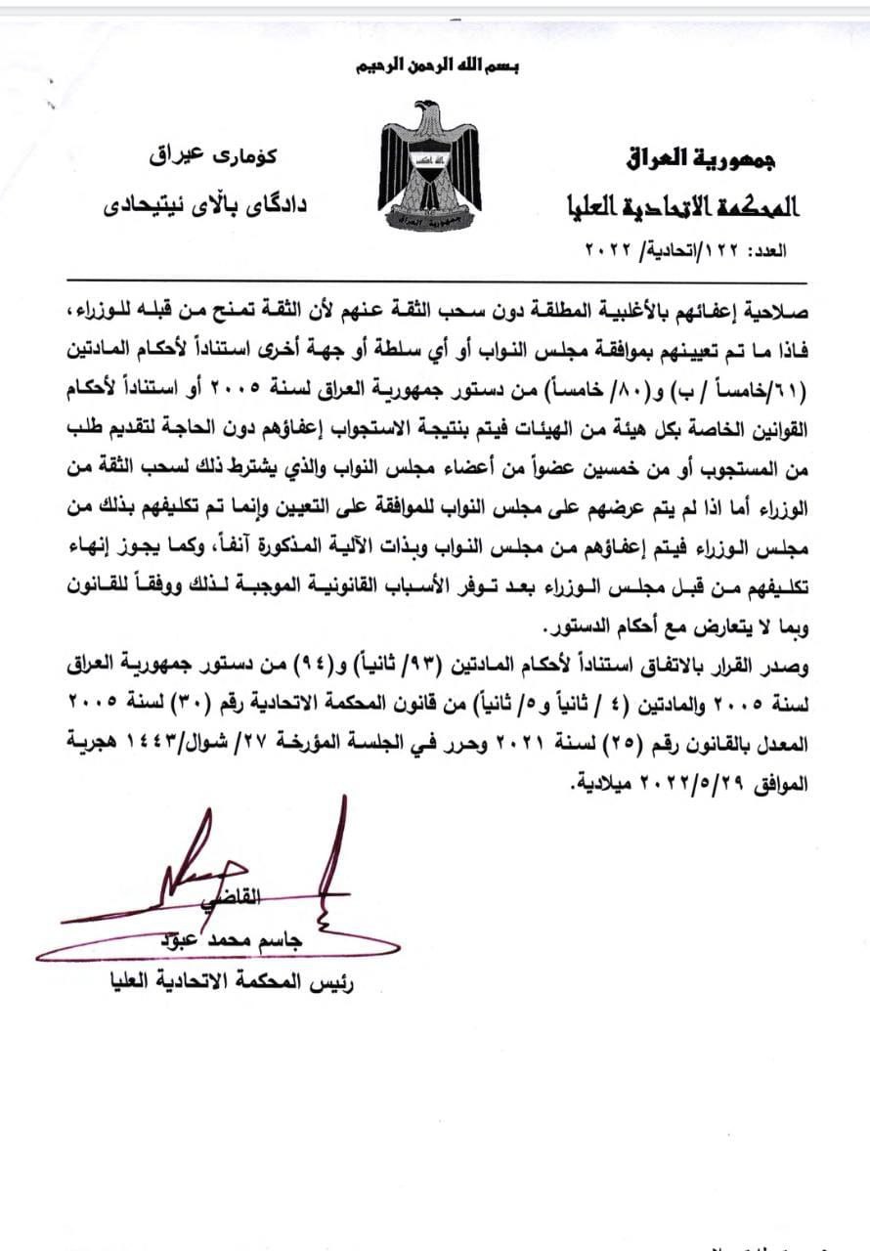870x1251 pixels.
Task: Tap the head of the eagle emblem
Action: pyautogui.click(x=427, y=108)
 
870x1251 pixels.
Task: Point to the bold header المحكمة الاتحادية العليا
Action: pyautogui.click(x=683, y=206)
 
